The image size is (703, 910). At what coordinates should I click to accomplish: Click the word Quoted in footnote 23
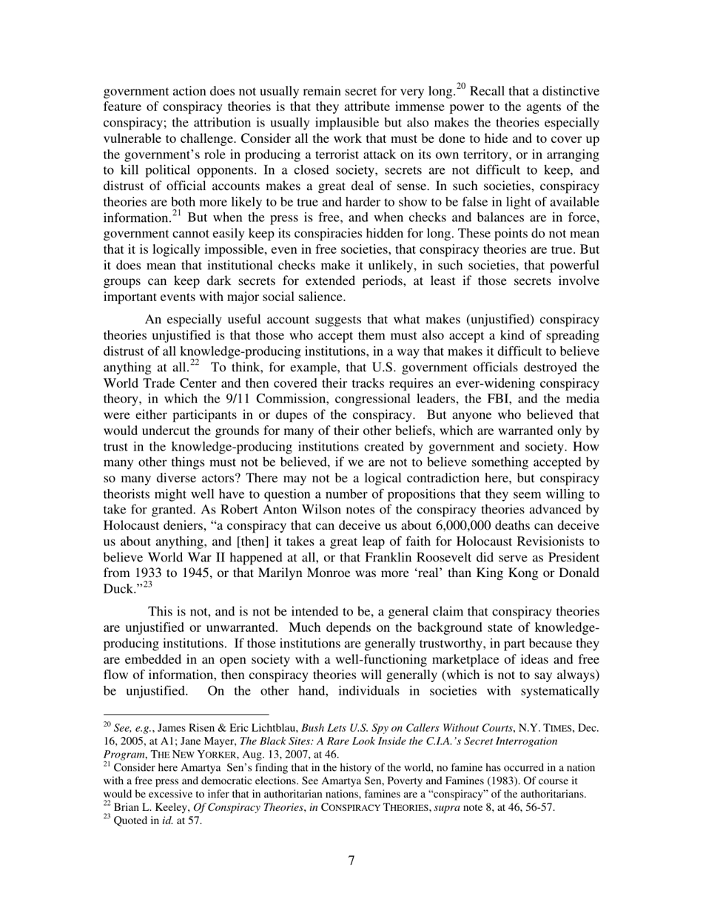132,820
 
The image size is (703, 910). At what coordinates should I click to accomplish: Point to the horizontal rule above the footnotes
186,715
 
